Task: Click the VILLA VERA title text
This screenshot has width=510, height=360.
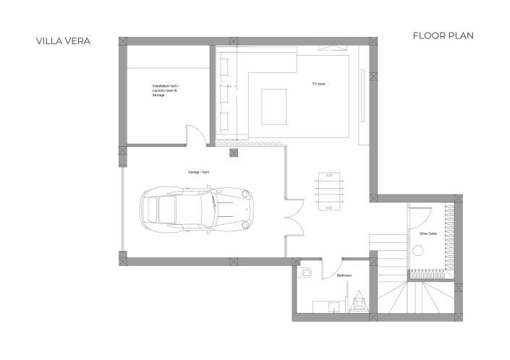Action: pyautogui.click(x=63, y=41)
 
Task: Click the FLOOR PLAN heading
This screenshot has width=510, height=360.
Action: pyautogui.click(x=443, y=35)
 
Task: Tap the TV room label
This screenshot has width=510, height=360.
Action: pyautogui.click(x=318, y=85)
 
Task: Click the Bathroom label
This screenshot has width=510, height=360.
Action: pyautogui.click(x=344, y=275)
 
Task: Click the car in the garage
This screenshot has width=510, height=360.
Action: pyautogui.click(x=197, y=210)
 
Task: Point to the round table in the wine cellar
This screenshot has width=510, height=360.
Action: pyautogui.click(x=418, y=250)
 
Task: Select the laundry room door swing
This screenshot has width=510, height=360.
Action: pyautogui.click(x=195, y=134)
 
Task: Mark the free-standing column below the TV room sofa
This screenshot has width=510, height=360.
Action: pyautogui.click(x=233, y=153)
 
